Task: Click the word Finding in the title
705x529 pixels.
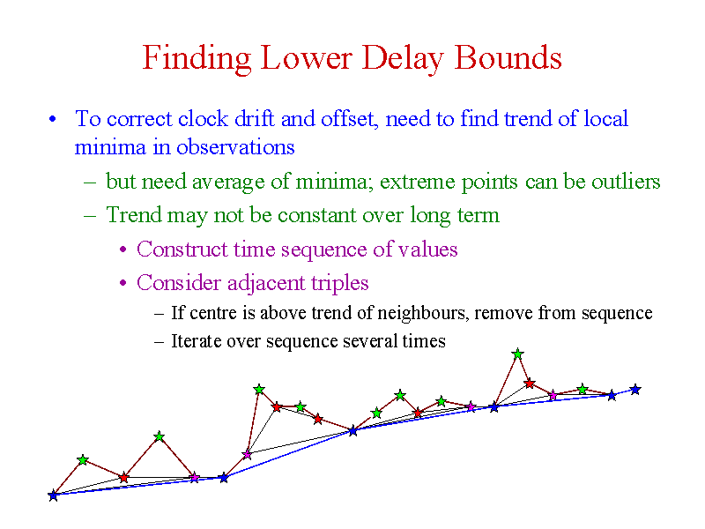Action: point(197,59)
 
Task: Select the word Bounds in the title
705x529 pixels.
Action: point(508,57)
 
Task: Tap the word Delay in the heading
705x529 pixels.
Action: point(403,59)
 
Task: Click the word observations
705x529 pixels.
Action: point(235,147)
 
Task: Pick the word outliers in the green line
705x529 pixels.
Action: point(626,182)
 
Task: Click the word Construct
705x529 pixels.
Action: point(182,250)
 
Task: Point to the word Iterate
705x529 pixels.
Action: point(197,341)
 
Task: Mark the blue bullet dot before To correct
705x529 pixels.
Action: point(53,119)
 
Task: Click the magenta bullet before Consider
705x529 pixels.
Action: point(123,284)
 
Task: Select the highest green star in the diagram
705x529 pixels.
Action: point(517,354)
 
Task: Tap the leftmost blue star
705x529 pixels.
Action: point(54,495)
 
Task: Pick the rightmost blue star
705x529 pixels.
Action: point(634,389)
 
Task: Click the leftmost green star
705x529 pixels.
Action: point(82,459)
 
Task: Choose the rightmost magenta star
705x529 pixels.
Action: point(553,395)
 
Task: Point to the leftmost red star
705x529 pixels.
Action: point(123,477)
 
